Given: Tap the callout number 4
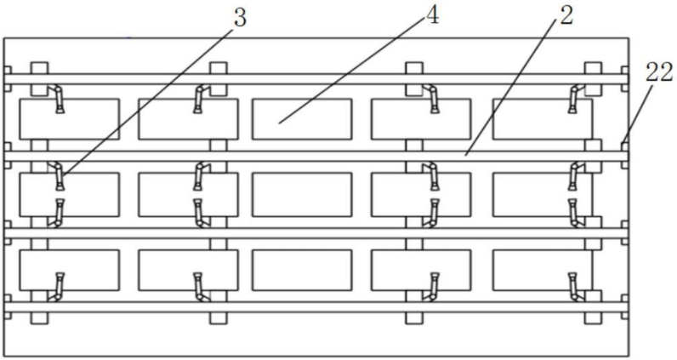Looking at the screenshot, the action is point(432,17).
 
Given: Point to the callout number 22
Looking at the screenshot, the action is point(658,74).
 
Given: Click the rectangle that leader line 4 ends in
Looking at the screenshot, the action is point(301,118).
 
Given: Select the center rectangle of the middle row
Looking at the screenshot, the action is point(301,193).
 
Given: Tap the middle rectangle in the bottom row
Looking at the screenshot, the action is point(301,270).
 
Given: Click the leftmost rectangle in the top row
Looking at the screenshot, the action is point(69,118).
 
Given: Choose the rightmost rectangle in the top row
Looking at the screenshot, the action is point(542,118).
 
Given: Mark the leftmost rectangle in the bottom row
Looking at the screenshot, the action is point(69,270).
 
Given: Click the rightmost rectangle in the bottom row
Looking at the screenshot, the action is point(542,270).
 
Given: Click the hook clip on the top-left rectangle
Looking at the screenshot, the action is point(58,99).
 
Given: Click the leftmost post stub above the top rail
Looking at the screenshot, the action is point(39,68).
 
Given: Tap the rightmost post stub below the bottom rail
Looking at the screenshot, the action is point(593,317).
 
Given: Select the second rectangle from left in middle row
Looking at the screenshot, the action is point(187,193).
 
